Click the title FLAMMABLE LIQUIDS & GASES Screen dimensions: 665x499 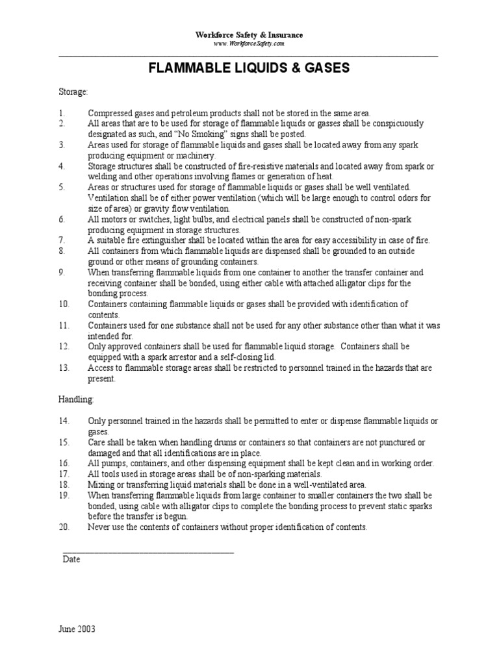click(249, 68)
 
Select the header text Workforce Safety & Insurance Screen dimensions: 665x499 click(249, 34)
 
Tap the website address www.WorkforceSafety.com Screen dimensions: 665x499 click(249, 44)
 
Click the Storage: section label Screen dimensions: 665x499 click(73, 92)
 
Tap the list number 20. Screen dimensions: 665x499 click(64, 527)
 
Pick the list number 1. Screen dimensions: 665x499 click(61, 113)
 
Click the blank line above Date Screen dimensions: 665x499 click(148, 551)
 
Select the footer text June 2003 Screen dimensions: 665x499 click(77, 629)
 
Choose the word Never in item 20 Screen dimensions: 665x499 click(99, 527)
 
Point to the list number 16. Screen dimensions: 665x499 click(64, 463)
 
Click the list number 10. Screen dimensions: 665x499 click(64, 304)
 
